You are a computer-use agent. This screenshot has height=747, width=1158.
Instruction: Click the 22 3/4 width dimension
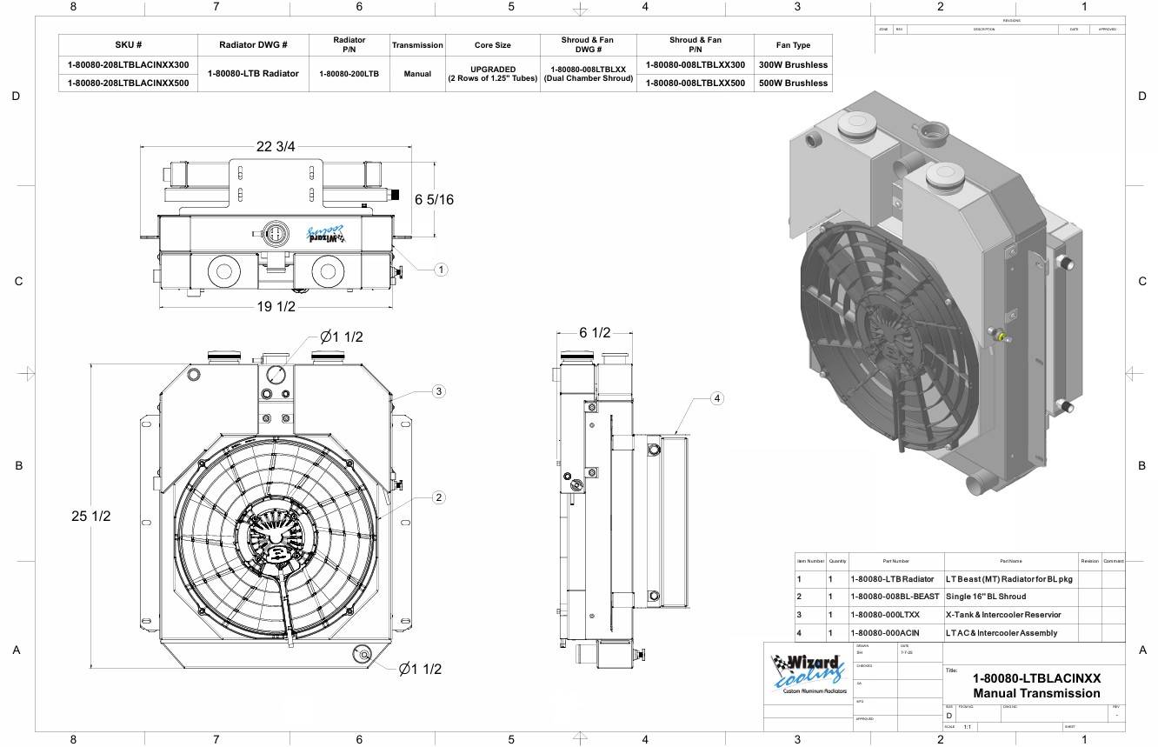(275, 146)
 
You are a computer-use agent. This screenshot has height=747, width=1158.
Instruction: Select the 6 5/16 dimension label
(434, 200)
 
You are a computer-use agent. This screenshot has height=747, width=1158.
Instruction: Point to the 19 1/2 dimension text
(276, 307)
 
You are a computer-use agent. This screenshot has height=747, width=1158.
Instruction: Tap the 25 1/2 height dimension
(91, 516)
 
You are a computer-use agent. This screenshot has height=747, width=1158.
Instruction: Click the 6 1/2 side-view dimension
(595, 333)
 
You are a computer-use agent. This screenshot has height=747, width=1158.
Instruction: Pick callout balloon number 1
(441, 270)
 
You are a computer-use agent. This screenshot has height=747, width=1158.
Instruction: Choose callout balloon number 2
(439, 497)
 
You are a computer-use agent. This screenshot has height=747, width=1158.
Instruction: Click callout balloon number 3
(439, 391)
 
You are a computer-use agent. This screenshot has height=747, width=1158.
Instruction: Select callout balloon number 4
(716, 398)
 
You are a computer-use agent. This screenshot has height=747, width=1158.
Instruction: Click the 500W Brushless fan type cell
(793, 83)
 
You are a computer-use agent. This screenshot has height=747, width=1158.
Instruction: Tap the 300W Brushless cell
(793, 65)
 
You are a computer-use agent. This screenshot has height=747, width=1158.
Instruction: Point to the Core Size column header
(492, 45)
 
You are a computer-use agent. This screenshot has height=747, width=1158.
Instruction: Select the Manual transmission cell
(417, 74)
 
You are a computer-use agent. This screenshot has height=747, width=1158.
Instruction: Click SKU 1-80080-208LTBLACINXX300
(128, 65)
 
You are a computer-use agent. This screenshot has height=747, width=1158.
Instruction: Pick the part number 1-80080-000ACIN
(884, 633)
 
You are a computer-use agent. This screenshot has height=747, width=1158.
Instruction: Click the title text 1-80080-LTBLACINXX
(1036, 678)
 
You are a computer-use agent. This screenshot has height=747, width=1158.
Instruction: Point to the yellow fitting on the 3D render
(1002, 336)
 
